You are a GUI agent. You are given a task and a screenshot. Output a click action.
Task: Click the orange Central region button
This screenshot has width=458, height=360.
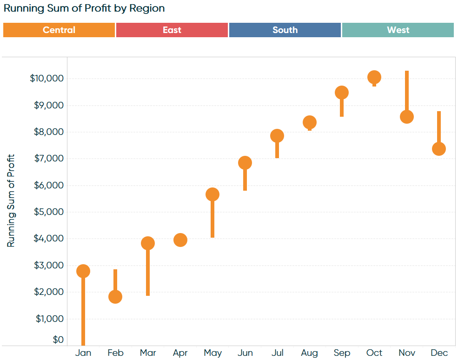tap(59, 30)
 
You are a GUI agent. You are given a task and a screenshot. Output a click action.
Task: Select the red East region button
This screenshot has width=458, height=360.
tap(172, 30)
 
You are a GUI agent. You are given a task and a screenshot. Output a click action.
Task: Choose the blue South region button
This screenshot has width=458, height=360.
tap(285, 30)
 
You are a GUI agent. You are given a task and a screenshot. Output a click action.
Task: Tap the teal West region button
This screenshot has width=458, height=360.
tap(398, 30)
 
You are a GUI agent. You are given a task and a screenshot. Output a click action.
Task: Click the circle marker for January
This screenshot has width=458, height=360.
tap(83, 271)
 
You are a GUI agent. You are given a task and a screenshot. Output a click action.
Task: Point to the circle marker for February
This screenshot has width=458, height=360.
tap(115, 297)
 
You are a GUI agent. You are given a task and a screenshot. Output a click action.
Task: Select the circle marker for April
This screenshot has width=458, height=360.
tap(180, 240)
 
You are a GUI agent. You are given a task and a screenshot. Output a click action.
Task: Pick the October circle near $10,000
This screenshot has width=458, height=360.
tap(374, 77)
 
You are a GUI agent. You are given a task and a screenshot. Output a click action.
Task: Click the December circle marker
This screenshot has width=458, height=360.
tap(439, 149)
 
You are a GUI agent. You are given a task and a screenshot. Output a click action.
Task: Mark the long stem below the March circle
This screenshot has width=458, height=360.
tap(148, 274)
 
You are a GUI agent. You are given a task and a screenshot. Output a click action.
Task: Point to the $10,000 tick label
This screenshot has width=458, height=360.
tap(46, 78)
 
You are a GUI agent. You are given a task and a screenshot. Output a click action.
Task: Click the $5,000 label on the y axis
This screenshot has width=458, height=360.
tap(48, 212)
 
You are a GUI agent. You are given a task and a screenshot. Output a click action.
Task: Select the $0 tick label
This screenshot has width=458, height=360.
tap(58, 340)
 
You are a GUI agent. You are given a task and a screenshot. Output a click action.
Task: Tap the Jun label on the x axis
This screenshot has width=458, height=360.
tap(245, 353)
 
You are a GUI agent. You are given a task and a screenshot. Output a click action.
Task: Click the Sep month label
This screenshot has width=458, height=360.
tap(342, 353)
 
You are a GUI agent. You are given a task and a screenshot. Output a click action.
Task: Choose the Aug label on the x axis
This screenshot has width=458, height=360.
tap(309, 353)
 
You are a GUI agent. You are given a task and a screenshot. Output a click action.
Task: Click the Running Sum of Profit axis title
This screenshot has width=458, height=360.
tap(11, 200)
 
